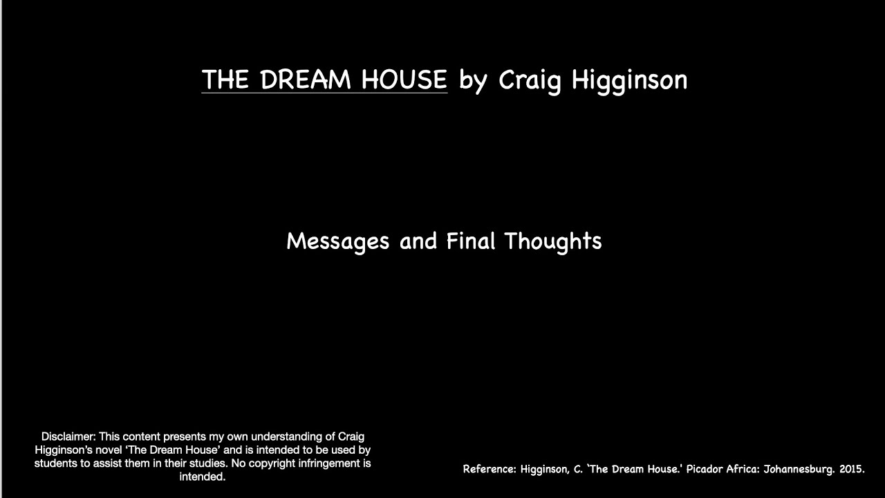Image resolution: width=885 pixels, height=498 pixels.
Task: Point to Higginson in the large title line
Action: click(x=629, y=80)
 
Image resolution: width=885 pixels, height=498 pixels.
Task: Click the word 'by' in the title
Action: click(x=474, y=80)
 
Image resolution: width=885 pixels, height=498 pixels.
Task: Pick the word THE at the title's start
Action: click(x=225, y=80)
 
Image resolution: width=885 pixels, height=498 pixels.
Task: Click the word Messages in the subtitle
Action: click(x=337, y=241)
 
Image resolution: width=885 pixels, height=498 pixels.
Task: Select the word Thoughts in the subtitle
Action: click(x=552, y=241)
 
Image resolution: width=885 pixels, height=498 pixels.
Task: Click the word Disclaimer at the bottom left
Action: click(x=68, y=436)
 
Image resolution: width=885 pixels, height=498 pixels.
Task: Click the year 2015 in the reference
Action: click(x=851, y=469)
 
